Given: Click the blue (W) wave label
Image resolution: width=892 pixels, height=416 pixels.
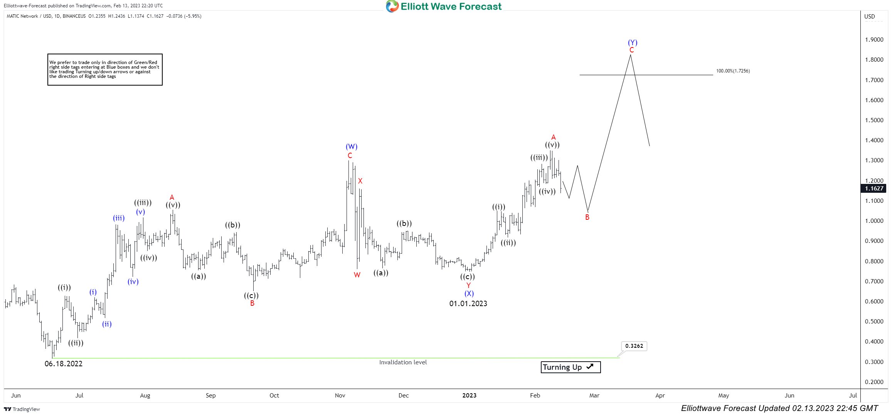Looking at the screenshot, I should tap(351, 147).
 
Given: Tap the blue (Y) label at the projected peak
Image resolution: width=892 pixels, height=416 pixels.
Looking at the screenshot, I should tap(632, 42).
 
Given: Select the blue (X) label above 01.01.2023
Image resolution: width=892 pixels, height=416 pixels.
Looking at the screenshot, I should tap(469, 293).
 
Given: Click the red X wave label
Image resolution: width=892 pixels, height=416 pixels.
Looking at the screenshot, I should tap(360, 181).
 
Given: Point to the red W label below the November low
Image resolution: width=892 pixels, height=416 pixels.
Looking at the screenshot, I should tap(357, 275).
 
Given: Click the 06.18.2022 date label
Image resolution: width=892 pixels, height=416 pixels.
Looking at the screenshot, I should tap(64, 364).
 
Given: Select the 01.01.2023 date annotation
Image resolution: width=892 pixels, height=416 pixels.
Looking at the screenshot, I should tap(468, 303).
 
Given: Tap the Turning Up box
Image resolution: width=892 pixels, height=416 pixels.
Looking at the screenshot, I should tap(571, 367).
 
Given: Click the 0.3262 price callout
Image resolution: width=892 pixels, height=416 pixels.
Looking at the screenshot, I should tap(634, 346).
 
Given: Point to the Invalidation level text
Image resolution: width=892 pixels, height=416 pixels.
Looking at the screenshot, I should tap(403, 362).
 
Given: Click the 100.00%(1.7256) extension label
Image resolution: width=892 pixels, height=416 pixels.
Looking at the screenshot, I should tap(733, 71).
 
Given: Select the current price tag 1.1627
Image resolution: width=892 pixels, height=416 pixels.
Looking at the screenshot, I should tap(874, 189).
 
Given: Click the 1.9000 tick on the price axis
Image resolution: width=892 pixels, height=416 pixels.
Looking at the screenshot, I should tap(874, 40).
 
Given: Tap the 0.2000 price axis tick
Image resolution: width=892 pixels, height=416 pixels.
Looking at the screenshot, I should tap(874, 382).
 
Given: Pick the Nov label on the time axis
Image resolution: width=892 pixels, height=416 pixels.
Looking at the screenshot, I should tap(340, 395).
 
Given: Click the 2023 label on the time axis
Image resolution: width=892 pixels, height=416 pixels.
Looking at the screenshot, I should tap(469, 395).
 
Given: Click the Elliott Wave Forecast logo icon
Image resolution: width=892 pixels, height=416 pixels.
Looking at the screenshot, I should tap(392, 6).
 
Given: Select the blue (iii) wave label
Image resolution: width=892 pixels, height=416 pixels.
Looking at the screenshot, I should tap(119, 218).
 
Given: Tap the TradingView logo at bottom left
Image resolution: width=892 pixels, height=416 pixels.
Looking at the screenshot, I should tap(22, 409).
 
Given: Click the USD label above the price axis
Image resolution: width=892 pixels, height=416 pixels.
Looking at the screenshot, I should tap(869, 16).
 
